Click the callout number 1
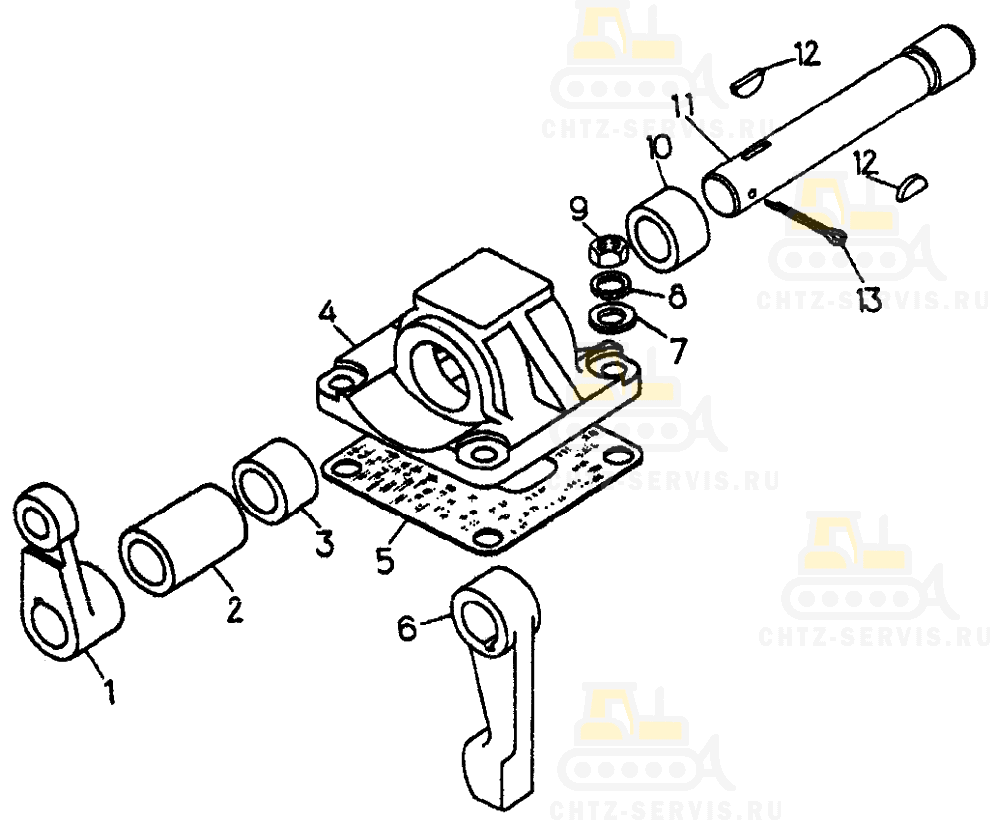click(x=109, y=690)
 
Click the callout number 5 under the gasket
click(x=384, y=560)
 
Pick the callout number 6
click(x=407, y=628)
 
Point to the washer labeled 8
click(x=610, y=285)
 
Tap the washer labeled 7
click(x=610, y=317)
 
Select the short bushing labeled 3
click(x=275, y=480)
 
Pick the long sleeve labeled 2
click(x=182, y=539)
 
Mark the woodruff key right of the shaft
click(x=913, y=187)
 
